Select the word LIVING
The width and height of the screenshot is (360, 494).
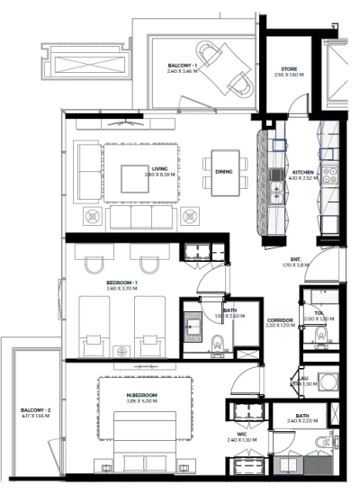click(159, 168)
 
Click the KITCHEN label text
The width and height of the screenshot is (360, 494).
click(303, 171)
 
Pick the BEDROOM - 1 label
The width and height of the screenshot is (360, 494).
click(121, 283)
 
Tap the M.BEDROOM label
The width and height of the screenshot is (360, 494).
click(142, 395)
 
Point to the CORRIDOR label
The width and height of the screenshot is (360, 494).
click(281, 319)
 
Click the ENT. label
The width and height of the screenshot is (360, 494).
click(295, 258)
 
